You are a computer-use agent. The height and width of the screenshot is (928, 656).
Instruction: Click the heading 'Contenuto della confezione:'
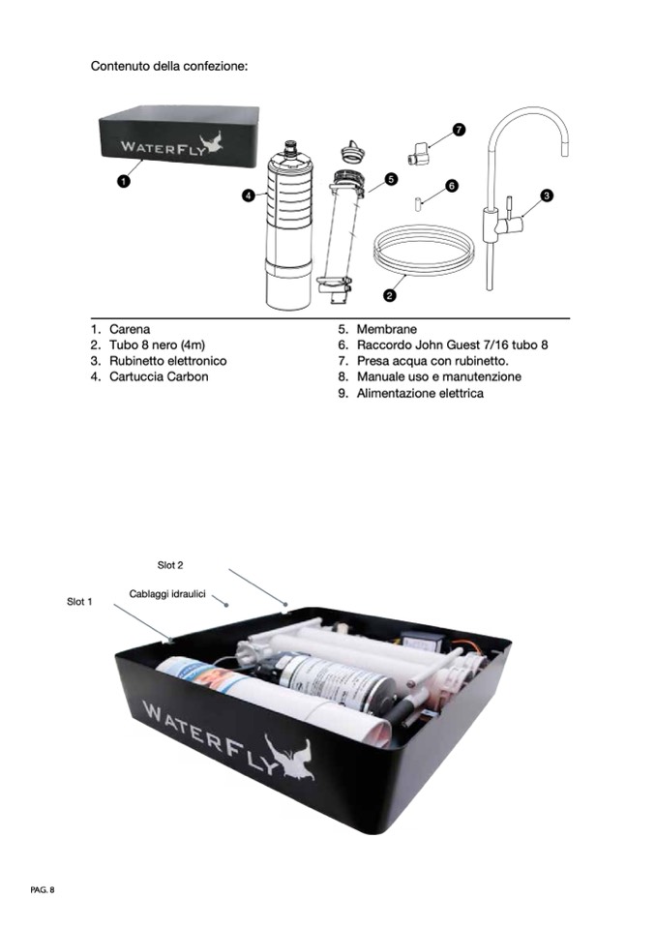click(169, 66)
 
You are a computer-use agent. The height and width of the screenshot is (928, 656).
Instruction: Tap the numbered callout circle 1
click(123, 181)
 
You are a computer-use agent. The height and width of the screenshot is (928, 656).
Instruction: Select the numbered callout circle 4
click(249, 195)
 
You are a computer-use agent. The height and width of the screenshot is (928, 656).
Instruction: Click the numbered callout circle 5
click(391, 179)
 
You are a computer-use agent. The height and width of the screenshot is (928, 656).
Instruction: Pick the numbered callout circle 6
click(452, 185)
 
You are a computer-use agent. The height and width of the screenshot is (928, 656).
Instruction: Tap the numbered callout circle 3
click(547, 195)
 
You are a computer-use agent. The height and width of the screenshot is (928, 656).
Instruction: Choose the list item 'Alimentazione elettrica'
click(419, 394)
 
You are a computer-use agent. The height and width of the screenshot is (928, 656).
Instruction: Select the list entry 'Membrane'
click(386, 329)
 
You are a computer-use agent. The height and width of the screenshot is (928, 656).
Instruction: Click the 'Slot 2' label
click(170, 565)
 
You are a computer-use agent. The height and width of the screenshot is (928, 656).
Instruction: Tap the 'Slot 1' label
click(79, 602)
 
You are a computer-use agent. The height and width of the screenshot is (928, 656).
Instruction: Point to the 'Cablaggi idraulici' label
click(167, 593)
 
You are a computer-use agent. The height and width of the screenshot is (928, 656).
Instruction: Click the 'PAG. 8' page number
click(43, 889)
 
